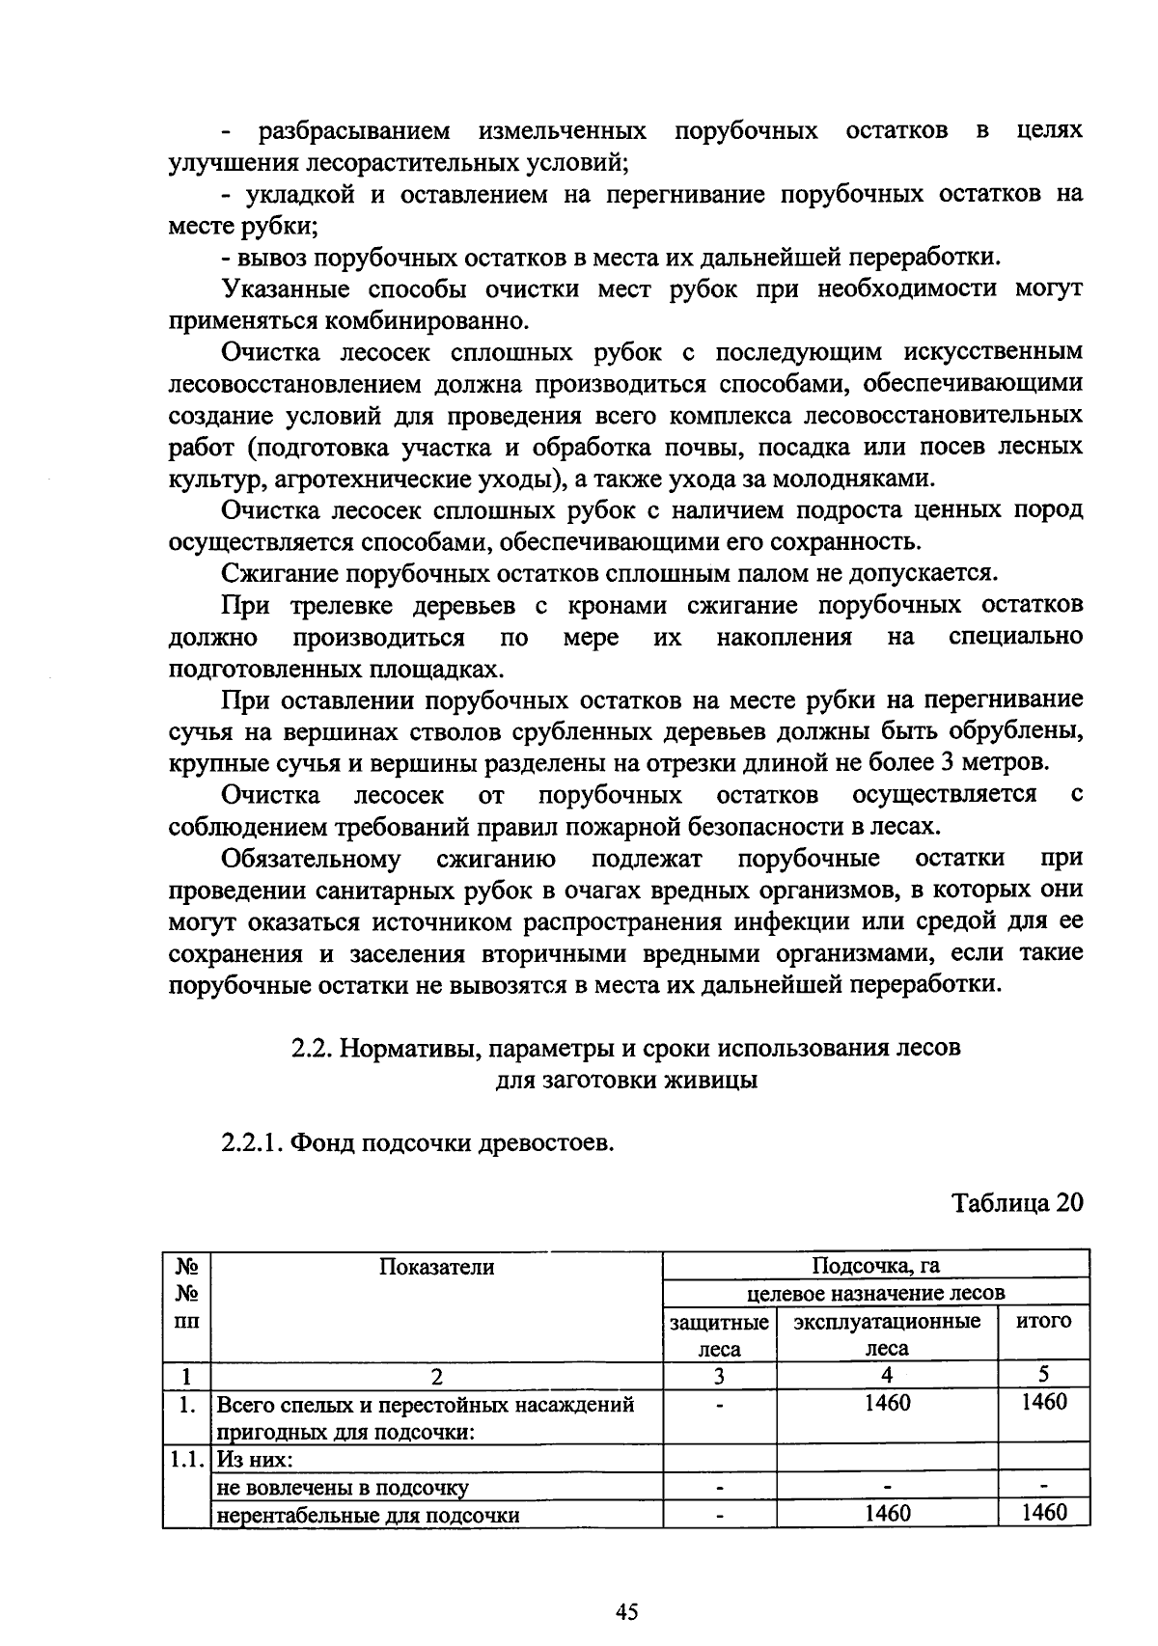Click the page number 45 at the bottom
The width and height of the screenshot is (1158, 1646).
(x=627, y=1612)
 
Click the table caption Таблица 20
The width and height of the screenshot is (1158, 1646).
(x=1017, y=1203)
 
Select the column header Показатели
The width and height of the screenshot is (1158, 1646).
(x=436, y=1267)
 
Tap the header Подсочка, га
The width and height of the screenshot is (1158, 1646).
(x=875, y=1266)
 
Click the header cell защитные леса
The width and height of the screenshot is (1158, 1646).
(x=719, y=1335)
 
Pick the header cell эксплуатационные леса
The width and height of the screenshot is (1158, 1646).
(x=886, y=1335)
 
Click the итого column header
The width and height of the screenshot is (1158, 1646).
(x=1044, y=1321)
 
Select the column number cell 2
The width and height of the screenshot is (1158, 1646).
(x=436, y=1376)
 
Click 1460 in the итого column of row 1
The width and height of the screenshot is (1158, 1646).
(x=1044, y=1402)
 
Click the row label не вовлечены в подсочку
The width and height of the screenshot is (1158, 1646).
(x=343, y=1487)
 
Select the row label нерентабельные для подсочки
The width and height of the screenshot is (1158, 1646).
(x=368, y=1515)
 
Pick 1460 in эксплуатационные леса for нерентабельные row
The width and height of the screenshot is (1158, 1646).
(x=886, y=1513)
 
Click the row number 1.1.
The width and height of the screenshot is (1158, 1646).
(x=186, y=1459)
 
